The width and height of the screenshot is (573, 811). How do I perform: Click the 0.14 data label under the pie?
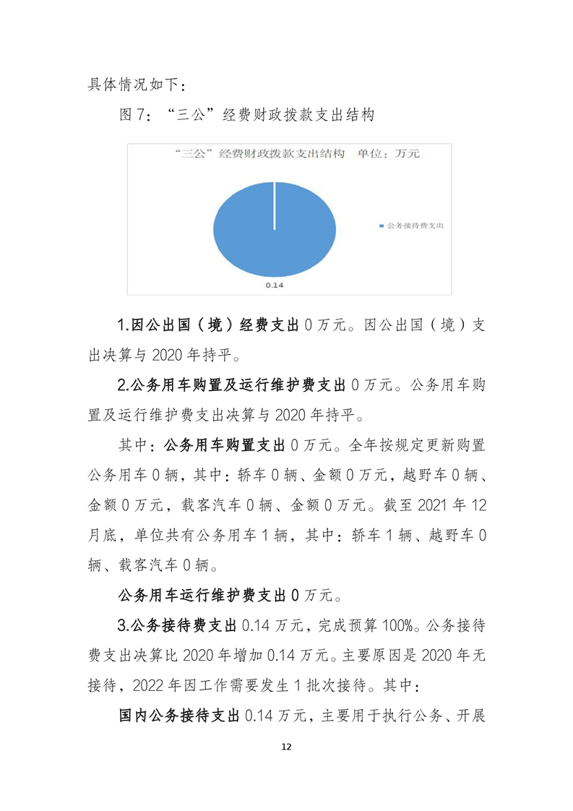(x=274, y=286)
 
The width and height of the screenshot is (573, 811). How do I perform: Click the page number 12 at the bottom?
(x=286, y=746)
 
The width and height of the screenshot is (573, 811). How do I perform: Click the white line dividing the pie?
(x=275, y=205)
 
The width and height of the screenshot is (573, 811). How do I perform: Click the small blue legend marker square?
(x=382, y=226)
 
